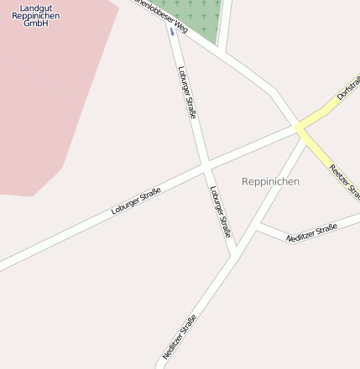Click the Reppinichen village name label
(x=270, y=181)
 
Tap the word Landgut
(x=35, y=8)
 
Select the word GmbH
(x=35, y=23)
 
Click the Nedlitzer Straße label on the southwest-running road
(x=179, y=336)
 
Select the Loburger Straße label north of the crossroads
(x=187, y=92)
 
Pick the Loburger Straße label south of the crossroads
(x=219, y=210)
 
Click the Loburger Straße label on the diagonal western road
(x=136, y=201)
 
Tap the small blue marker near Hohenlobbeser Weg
(x=172, y=32)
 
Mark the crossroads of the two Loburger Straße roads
(x=205, y=165)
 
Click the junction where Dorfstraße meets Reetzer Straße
(x=299, y=128)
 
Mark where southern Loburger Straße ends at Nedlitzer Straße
(x=235, y=252)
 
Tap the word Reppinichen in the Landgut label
(x=35, y=16)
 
